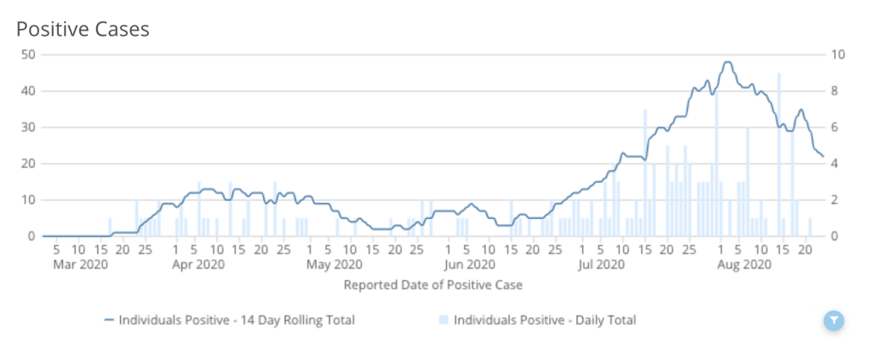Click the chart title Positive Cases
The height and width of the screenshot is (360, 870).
[83, 29]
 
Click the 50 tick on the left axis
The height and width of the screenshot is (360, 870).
[27, 54]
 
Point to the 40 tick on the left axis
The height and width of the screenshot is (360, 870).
[27, 90]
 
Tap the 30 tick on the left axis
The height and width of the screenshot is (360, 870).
[27, 127]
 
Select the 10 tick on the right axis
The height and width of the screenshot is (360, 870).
[839, 54]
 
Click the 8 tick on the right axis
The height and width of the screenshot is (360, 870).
[836, 90]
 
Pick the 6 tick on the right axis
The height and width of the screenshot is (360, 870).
[836, 127]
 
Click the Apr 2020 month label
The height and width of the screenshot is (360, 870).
[197, 265]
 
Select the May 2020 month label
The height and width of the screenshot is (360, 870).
[329, 265]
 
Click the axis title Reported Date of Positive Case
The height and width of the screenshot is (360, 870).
[432, 284]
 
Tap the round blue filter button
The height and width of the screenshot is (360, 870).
[834, 320]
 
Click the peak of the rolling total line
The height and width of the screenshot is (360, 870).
[726, 61]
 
